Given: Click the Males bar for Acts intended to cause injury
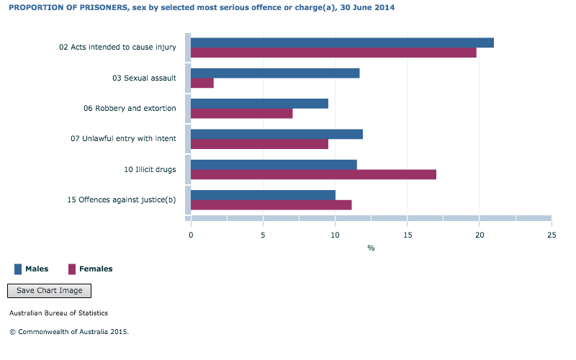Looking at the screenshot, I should click(342, 42).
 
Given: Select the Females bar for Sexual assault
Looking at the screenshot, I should click(202, 83).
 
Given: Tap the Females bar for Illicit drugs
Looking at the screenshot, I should click(313, 174).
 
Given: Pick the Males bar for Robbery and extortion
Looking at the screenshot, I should click(259, 104).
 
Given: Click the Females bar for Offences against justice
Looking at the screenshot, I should click(271, 205).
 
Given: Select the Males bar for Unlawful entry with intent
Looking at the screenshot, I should click(276, 134).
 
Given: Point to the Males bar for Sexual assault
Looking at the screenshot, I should click(275, 73).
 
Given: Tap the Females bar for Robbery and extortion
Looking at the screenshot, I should click(241, 114).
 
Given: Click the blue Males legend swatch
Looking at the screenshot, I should click(18, 269).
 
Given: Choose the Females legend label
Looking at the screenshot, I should click(96, 269).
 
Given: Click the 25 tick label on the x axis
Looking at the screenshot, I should click(551, 235).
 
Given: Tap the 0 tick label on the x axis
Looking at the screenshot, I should click(191, 235).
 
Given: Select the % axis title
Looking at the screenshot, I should click(371, 248).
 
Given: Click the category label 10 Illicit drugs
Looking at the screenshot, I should click(150, 170).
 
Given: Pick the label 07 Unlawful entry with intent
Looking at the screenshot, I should click(123, 139).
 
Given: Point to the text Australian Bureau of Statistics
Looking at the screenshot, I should click(58, 313).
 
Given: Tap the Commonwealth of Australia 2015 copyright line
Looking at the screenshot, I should click(69, 332).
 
